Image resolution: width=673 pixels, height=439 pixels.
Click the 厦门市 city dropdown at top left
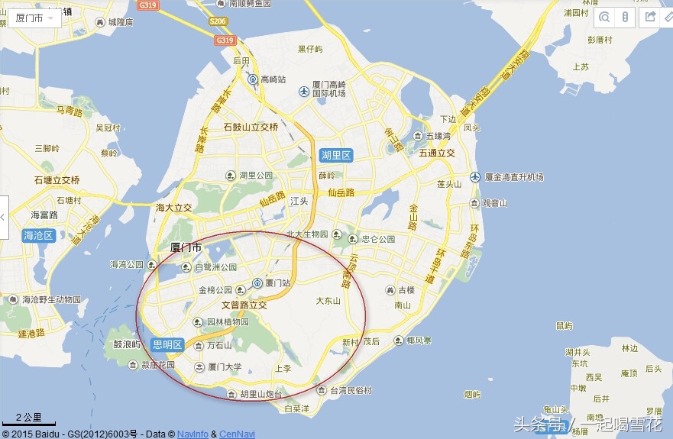(x=34, y=18)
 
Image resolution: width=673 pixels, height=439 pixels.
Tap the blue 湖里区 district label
(x=335, y=156)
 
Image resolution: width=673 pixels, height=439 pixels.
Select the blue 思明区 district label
(x=167, y=344)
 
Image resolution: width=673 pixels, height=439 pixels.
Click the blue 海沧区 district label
(x=37, y=235)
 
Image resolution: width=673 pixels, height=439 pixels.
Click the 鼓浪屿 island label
(x=128, y=344)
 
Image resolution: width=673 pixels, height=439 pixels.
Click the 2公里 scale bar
(x=28, y=419)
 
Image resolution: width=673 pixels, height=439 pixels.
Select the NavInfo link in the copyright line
(x=193, y=434)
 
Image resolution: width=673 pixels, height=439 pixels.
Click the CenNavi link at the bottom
(x=237, y=434)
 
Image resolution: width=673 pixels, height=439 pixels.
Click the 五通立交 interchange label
(x=436, y=153)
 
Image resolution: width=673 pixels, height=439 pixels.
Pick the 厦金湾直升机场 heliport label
(x=512, y=177)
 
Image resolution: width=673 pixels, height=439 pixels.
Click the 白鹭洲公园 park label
(x=216, y=267)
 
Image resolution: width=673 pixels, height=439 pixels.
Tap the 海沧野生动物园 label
(x=51, y=299)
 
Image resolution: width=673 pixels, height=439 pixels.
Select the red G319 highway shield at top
(x=150, y=5)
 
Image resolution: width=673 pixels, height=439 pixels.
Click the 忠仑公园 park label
(x=378, y=239)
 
